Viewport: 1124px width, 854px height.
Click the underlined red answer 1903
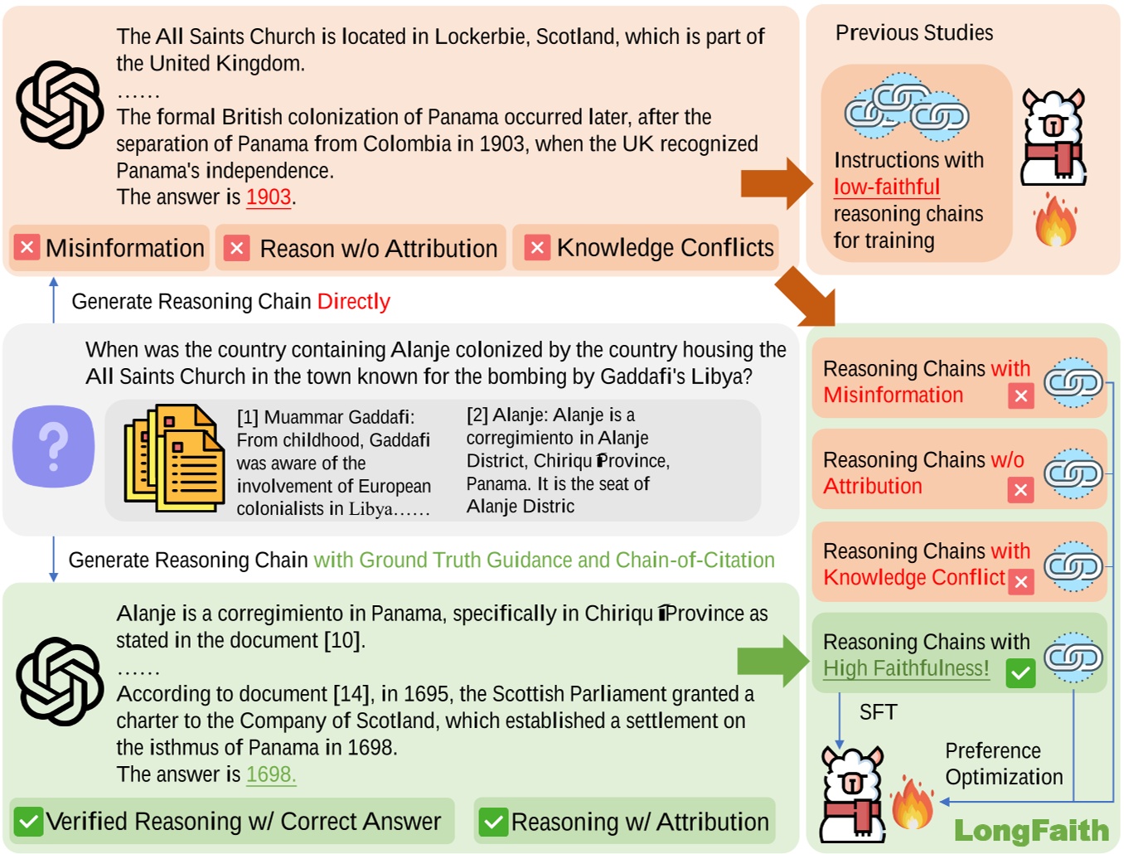(269, 197)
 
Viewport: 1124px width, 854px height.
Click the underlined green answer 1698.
(270, 774)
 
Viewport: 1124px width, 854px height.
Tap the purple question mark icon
(54, 446)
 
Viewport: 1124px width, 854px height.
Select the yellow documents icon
(174, 458)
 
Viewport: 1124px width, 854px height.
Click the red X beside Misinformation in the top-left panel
(27, 247)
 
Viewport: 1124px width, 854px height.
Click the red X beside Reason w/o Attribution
(237, 248)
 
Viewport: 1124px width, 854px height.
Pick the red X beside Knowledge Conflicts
(536, 247)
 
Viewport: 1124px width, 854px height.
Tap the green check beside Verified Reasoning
(28, 822)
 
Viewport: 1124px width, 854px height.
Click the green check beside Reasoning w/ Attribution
(494, 822)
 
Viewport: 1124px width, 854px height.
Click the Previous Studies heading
(913, 33)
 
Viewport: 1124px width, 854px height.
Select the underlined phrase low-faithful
(886, 187)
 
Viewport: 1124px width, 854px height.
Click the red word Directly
(353, 302)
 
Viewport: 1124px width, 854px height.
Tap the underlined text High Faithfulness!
(905, 668)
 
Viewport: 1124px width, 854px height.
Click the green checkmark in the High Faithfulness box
(1020, 672)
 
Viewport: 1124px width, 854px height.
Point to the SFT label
(878, 712)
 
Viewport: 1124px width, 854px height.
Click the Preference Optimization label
(1003, 764)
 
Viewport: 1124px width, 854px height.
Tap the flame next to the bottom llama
(912, 803)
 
